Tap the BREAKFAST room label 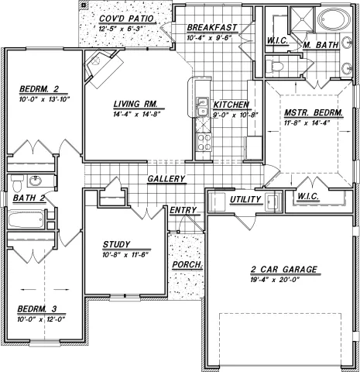click(x=210, y=26)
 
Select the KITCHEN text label click(x=231, y=104)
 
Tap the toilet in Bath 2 click(x=15, y=185)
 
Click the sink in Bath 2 click(x=36, y=182)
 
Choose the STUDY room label click(x=118, y=243)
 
